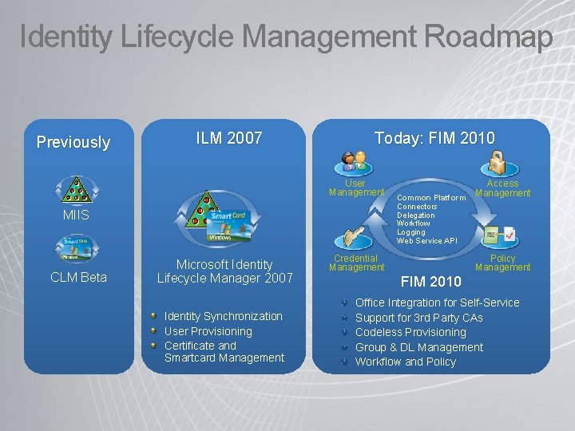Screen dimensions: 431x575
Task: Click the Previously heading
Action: (73, 142)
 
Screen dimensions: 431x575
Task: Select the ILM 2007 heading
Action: (229, 138)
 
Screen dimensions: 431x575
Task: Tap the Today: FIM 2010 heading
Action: (434, 138)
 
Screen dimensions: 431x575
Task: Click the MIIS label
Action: (77, 215)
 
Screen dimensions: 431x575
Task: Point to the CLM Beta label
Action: (78, 278)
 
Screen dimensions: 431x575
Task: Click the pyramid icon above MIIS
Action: (77, 190)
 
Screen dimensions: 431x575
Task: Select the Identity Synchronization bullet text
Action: (223, 316)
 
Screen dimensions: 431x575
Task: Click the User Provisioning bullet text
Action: (208, 331)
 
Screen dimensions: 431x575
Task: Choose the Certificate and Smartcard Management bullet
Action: (224, 352)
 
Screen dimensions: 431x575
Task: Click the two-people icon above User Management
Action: (353, 162)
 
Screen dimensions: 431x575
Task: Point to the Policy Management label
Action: (502, 263)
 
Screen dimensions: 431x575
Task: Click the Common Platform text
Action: (431, 198)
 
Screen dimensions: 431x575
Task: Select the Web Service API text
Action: (426, 241)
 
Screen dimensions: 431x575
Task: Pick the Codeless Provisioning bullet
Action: (410, 332)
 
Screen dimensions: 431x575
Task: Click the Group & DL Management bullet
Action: (418, 347)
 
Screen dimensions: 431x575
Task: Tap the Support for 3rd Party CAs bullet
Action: (418, 318)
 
